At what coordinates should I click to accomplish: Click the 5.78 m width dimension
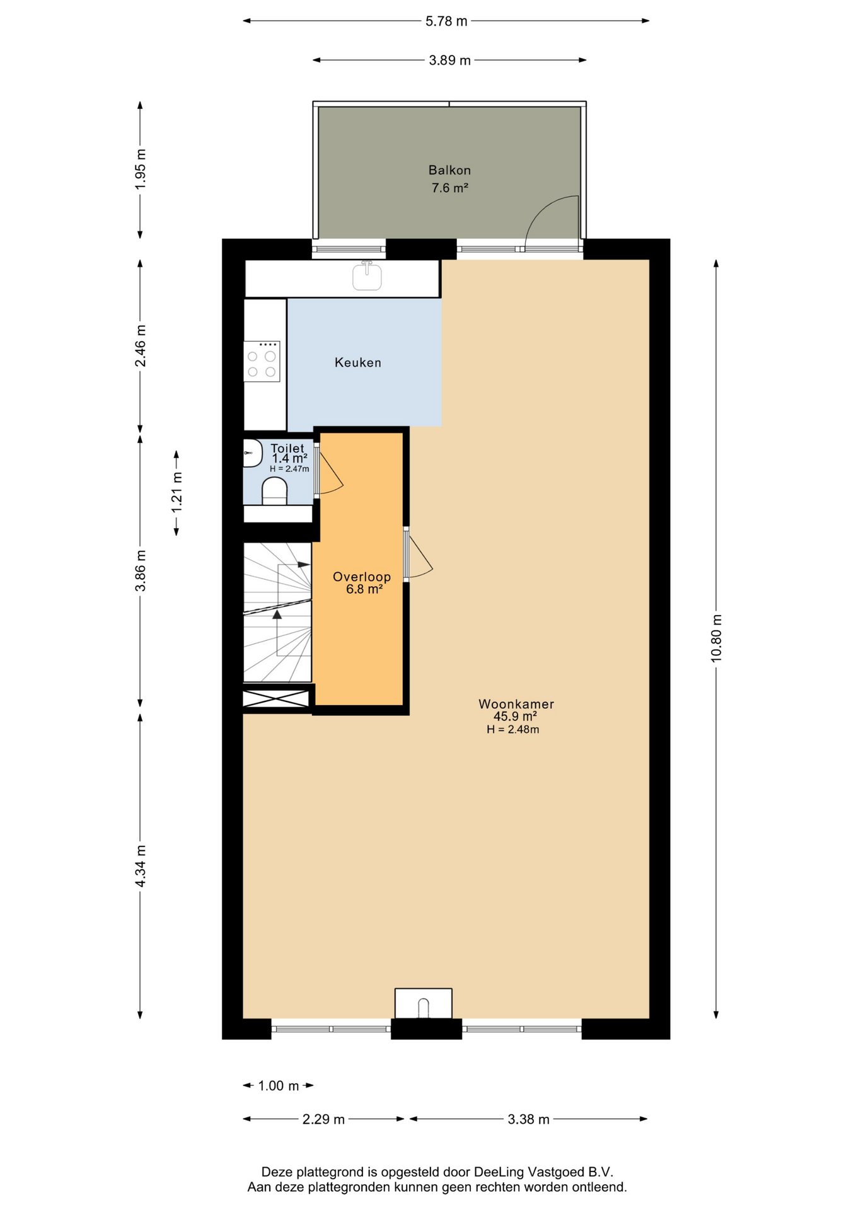[x=446, y=21]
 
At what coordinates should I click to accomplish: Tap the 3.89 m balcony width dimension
[x=449, y=60]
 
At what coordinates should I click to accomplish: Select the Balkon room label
[x=449, y=170]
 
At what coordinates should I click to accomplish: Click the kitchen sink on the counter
[x=367, y=276]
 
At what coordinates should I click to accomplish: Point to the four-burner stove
[x=262, y=361]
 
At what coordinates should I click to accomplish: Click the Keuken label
[x=358, y=362]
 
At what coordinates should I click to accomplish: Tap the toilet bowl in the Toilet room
[x=274, y=492]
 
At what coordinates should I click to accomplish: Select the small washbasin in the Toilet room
[x=252, y=453]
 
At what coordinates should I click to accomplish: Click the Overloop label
[x=362, y=577]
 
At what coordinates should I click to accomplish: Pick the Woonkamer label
[x=516, y=704]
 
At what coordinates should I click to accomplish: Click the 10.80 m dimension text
[x=716, y=638]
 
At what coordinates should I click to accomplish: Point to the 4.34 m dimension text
[x=141, y=866]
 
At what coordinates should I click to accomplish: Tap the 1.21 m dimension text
[x=176, y=492]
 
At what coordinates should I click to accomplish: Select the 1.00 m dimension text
[x=279, y=1086]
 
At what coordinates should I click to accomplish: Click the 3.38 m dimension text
[x=529, y=1119]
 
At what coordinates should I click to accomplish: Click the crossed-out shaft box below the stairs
[x=276, y=698]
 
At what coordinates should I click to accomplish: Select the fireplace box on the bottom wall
[x=423, y=1003]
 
